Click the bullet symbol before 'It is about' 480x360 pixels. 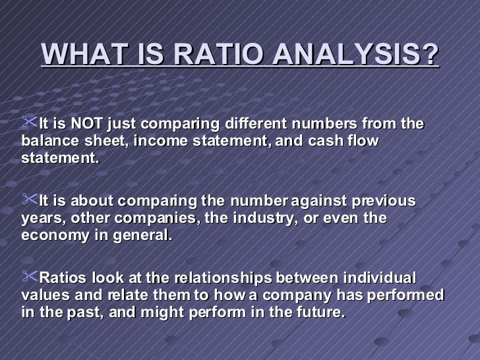30,200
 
